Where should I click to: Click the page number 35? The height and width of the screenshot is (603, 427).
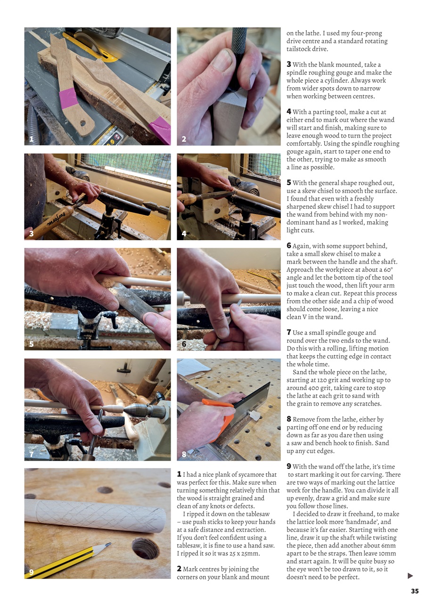[x=414, y=591]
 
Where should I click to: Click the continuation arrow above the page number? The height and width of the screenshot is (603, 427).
[x=410, y=576]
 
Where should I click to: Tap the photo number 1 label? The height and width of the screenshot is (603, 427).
[x=31, y=139]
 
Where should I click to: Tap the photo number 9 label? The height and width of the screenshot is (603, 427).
[x=31, y=572]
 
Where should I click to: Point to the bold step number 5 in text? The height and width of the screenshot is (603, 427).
[x=289, y=183]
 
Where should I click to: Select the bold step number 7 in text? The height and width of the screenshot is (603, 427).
[x=289, y=333]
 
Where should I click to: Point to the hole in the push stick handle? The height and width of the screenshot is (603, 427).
[x=82, y=123]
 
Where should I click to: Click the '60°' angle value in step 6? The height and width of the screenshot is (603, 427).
[x=388, y=270]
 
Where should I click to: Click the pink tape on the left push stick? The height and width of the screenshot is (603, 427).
[x=69, y=98]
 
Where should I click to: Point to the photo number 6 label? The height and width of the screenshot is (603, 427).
[x=184, y=344]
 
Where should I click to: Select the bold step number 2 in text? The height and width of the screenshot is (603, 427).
[x=179, y=569]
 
